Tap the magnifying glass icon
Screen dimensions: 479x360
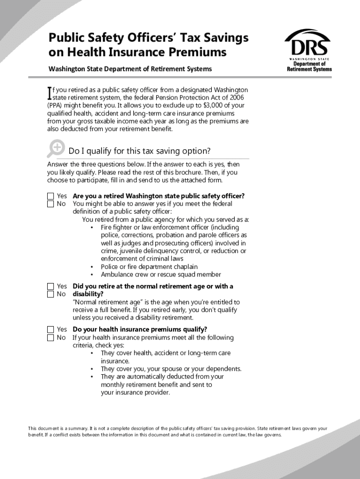[x=56, y=148]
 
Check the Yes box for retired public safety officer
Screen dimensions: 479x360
[x=50, y=196]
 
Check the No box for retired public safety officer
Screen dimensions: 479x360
[x=50, y=204]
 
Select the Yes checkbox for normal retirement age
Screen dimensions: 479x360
[x=50, y=286]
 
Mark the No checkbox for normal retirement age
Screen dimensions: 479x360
[x=50, y=294]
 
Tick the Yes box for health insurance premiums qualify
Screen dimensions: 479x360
[x=50, y=330]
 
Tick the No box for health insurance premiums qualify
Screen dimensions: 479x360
[x=50, y=338]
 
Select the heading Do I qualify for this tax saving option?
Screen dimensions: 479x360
[x=139, y=151]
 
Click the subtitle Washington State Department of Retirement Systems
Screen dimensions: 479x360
[x=130, y=69]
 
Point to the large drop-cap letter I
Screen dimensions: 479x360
[x=50, y=93]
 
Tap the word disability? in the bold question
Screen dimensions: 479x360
[x=88, y=294]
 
